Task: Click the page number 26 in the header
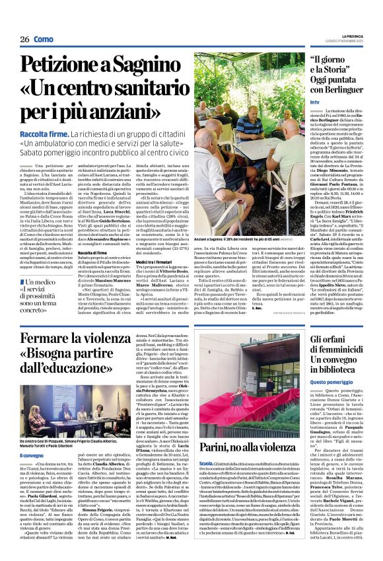tap(24, 39)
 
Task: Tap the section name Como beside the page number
tap(44, 39)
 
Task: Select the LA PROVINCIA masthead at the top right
tap(347, 36)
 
